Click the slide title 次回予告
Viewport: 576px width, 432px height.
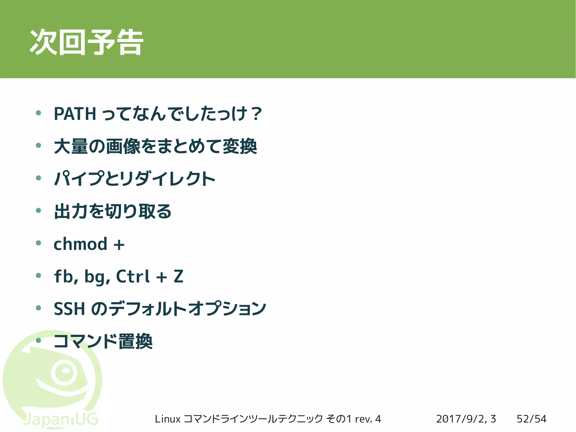tap(86, 42)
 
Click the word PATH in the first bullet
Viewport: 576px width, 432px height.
tap(75, 114)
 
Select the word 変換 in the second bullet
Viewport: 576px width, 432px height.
tap(240, 146)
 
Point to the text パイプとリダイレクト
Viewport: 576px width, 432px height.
tap(135, 179)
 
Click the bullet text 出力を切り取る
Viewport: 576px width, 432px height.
tap(112, 211)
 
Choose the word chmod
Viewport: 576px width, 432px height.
tap(80, 244)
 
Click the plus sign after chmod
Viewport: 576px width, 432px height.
tap(119, 244)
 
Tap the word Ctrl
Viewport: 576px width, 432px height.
tap(132, 276)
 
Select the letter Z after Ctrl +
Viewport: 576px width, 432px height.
tap(178, 276)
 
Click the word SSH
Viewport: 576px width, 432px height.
tap(69, 309)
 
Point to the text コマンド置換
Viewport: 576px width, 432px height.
tap(103, 341)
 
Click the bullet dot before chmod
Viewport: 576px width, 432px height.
tap(39, 243)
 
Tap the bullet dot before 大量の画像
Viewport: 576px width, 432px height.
tap(39, 146)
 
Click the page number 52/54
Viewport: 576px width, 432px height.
tap(531, 419)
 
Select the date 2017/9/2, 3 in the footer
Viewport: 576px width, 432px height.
tap(466, 419)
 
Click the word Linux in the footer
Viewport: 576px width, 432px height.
tap(167, 419)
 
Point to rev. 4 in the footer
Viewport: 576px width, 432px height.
tap(368, 419)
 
